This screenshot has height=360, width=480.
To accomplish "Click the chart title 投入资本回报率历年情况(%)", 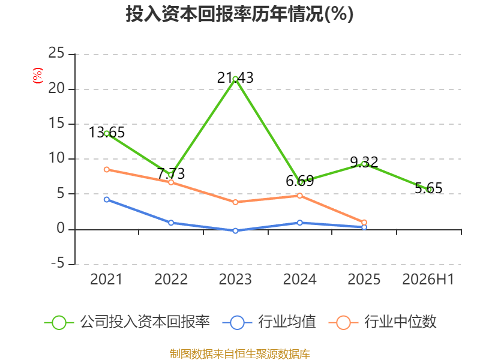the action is [x=239, y=14].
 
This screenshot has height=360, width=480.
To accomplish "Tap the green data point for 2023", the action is [x=235, y=79].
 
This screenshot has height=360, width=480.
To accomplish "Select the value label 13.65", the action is [x=107, y=132].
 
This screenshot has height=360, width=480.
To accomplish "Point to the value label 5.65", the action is [x=428, y=188].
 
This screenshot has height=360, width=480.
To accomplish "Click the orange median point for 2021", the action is [x=107, y=169].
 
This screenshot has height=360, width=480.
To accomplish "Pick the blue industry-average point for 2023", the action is [x=235, y=230].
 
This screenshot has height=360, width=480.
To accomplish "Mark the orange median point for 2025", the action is [x=364, y=223].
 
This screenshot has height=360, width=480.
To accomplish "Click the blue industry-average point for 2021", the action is [x=107, y=200].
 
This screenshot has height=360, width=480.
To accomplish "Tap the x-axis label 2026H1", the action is [x=428, y=279].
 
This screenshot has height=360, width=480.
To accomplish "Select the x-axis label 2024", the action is [x=299, y=279].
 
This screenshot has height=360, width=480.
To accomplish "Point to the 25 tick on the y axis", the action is [x=56, y=53].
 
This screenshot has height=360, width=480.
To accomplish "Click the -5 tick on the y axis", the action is [x=58, y=263].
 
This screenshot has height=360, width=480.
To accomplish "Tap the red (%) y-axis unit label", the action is [x=38, y=76].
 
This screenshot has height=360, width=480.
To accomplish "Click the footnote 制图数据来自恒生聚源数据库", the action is [x=240, y=354].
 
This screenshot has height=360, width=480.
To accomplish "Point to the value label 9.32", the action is [x=364, y=162].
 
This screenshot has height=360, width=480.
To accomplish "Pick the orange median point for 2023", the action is [x=235, y=202].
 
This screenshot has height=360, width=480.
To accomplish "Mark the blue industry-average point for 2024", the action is [x=299, y=223].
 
